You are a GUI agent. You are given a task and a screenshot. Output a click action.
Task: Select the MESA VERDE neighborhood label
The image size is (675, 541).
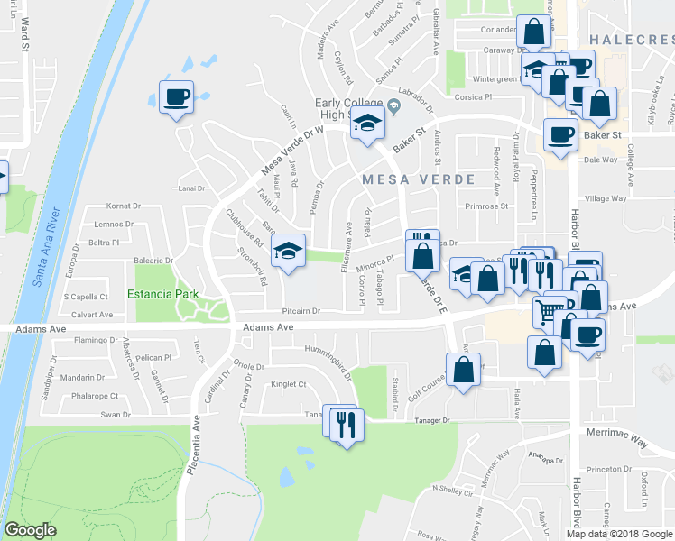click(418, 179)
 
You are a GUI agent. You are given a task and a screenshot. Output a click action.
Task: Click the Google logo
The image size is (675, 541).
click(32, 530)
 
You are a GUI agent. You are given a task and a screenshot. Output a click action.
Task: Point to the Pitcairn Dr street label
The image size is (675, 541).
click(301, 310)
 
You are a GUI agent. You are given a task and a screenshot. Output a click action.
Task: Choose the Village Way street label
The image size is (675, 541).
click(606, 198)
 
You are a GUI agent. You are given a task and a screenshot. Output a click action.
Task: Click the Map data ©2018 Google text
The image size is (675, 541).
click(618, 533)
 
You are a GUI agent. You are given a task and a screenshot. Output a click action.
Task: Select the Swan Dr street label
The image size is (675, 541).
click(116, 415)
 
